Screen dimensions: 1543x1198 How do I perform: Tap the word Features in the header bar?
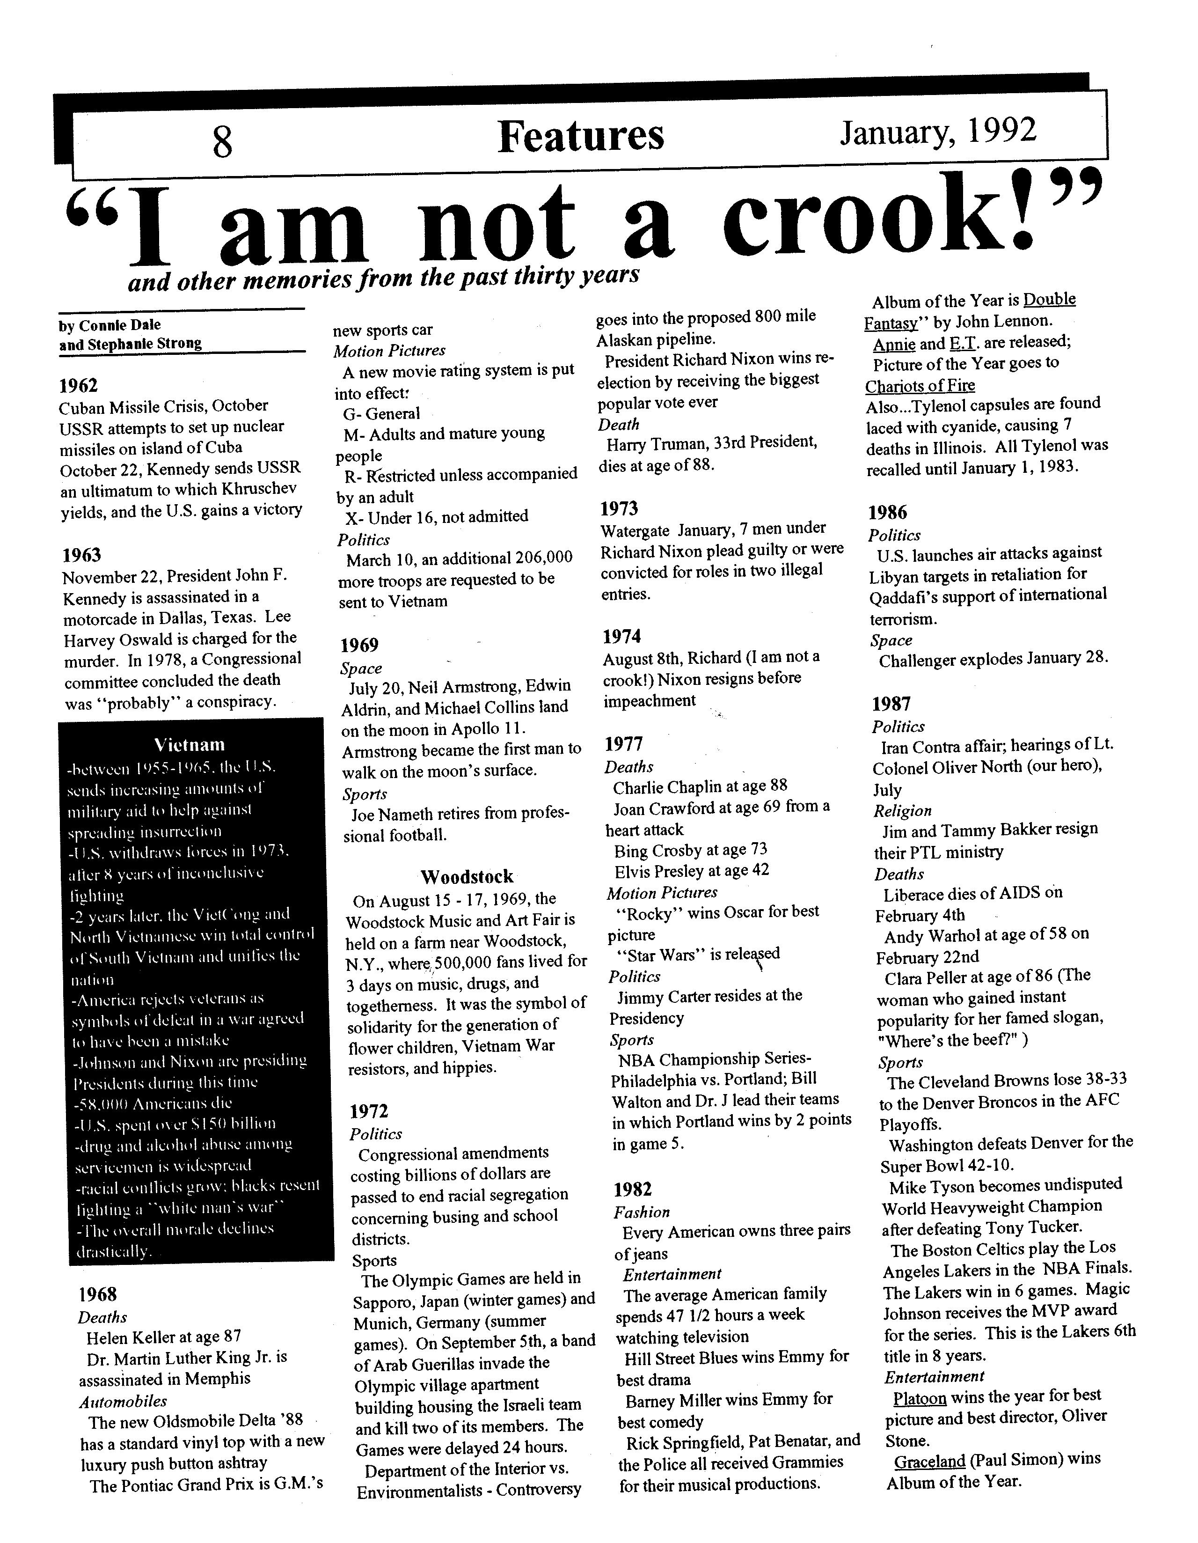(581, 136)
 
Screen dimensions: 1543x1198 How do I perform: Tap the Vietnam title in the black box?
(190, 745)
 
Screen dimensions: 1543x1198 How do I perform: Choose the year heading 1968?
(97, 1294)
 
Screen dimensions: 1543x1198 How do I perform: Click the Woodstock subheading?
(467, 877)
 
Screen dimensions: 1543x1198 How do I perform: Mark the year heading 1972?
(369, 1111)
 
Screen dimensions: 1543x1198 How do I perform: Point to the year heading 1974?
(621, 637)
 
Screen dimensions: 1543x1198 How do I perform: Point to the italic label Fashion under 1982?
(642, 1212)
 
